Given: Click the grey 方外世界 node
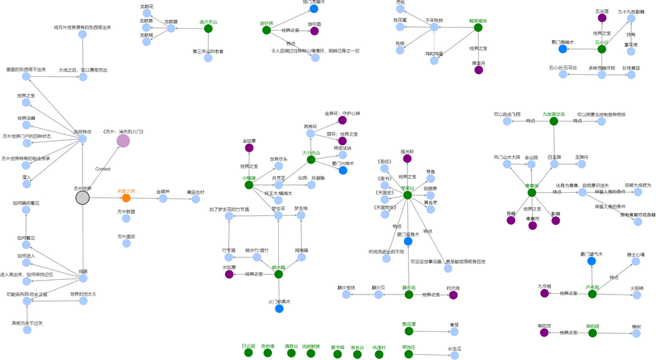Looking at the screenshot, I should click(x=82, y=198).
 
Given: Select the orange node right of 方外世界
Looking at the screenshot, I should click(x=126, y=198).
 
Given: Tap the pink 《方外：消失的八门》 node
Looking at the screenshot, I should click(x=123, y=140).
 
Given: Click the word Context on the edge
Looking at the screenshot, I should click(x=102, y=169).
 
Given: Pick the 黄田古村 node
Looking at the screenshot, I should click(x=195, y=199).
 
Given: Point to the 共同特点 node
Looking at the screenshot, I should click(x=83, y=140).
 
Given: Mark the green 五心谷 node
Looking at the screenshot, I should click(x=602, y=49).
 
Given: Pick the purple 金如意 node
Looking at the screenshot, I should click(x=249, y=148).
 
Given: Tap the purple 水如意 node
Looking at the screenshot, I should click(x=229, y=274).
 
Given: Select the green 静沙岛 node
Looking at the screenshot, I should click(x=409, y=295).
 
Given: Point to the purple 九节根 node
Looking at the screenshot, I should click(x=544, y=293).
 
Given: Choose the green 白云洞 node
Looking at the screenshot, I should click(x=248, y=353).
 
